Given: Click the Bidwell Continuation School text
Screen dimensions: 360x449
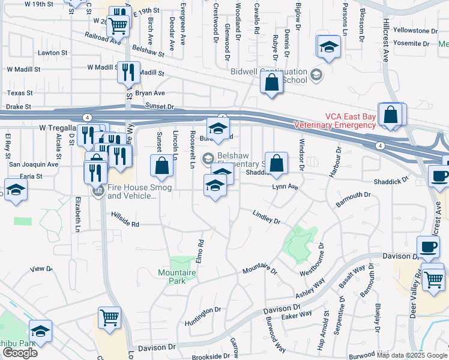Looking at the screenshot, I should point(269,75).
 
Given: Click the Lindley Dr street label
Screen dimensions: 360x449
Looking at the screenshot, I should point(267,217).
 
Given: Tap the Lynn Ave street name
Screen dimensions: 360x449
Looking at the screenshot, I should point(285,187).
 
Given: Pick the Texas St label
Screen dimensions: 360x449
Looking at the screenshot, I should point(20,93).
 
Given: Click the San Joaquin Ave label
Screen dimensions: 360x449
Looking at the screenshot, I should point(34,164).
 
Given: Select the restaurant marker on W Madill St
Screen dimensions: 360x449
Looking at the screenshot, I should point(128,73).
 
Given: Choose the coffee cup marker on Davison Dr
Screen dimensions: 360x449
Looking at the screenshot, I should point(428,247).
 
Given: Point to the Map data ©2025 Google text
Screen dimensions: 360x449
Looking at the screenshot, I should point(412,355).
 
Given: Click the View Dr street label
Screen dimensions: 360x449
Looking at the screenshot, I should point(41,269).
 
